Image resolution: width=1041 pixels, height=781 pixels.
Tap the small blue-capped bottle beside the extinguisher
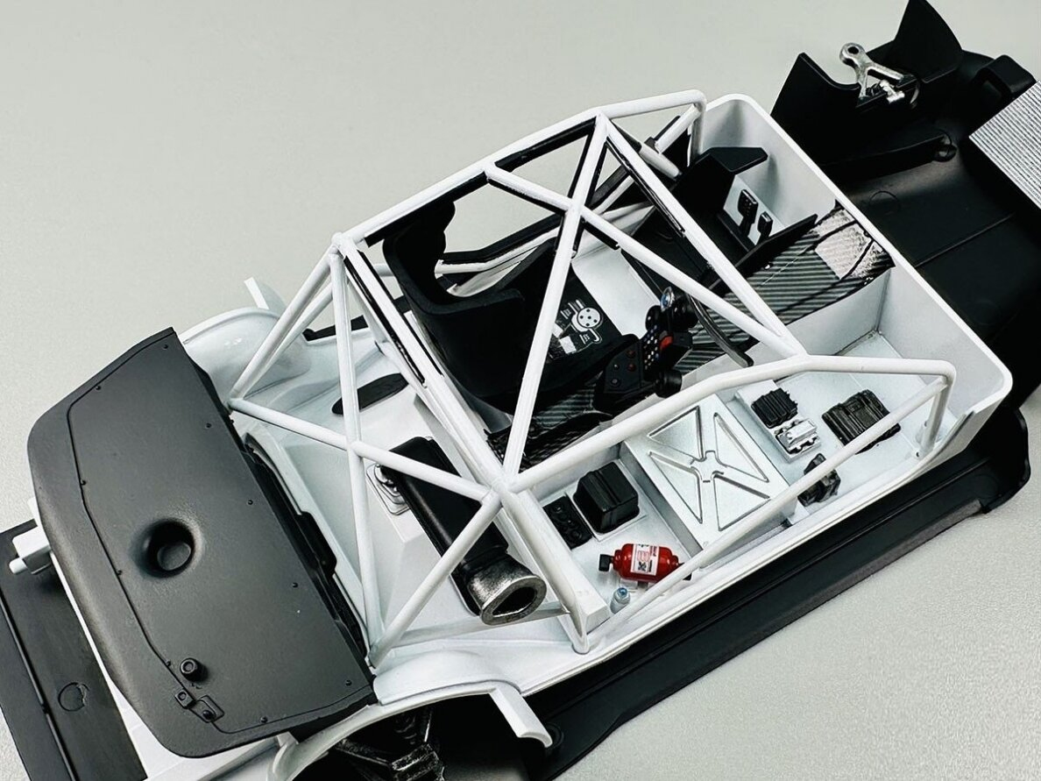(620, 599)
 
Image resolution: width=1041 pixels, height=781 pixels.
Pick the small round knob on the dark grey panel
(190, 668)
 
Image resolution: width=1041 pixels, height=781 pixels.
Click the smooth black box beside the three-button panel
(605, 497)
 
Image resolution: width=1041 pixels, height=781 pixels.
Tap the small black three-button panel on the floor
(566, 521)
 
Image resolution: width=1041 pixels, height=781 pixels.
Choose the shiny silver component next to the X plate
(796, 436)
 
